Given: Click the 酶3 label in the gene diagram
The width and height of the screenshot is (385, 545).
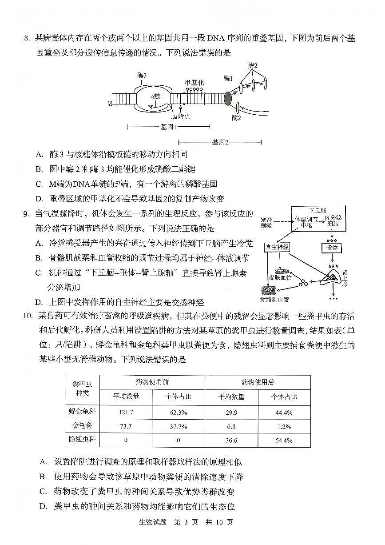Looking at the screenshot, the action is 142,76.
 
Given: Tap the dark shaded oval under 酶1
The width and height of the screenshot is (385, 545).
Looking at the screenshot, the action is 228,98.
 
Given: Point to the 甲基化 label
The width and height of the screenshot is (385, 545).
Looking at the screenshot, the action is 194,83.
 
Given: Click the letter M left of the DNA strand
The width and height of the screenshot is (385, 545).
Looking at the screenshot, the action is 109,104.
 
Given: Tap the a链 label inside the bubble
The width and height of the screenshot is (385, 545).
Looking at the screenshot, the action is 155,95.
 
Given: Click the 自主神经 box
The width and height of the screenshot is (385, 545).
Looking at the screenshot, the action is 277,246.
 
